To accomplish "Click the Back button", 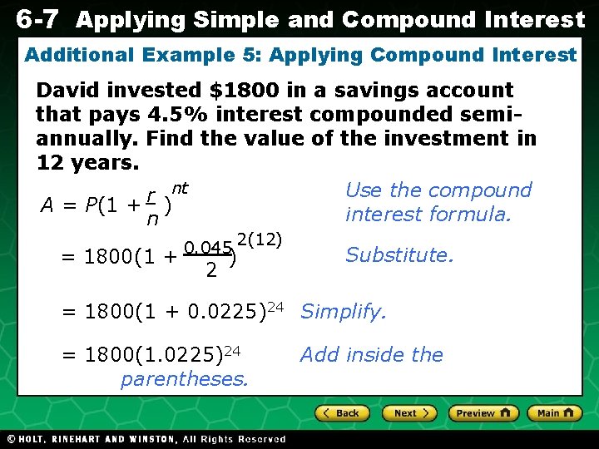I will pos(342,413).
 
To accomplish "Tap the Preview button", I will pos(483,413).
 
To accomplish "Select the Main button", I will pos(553,413).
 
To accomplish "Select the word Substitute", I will pos(399,254).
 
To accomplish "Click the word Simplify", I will pos(344,312).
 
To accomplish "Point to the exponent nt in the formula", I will pos(180,189).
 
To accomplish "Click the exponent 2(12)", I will pos(260,239).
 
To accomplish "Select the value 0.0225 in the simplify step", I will pos(219,313).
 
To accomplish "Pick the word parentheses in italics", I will pos(184,379).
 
